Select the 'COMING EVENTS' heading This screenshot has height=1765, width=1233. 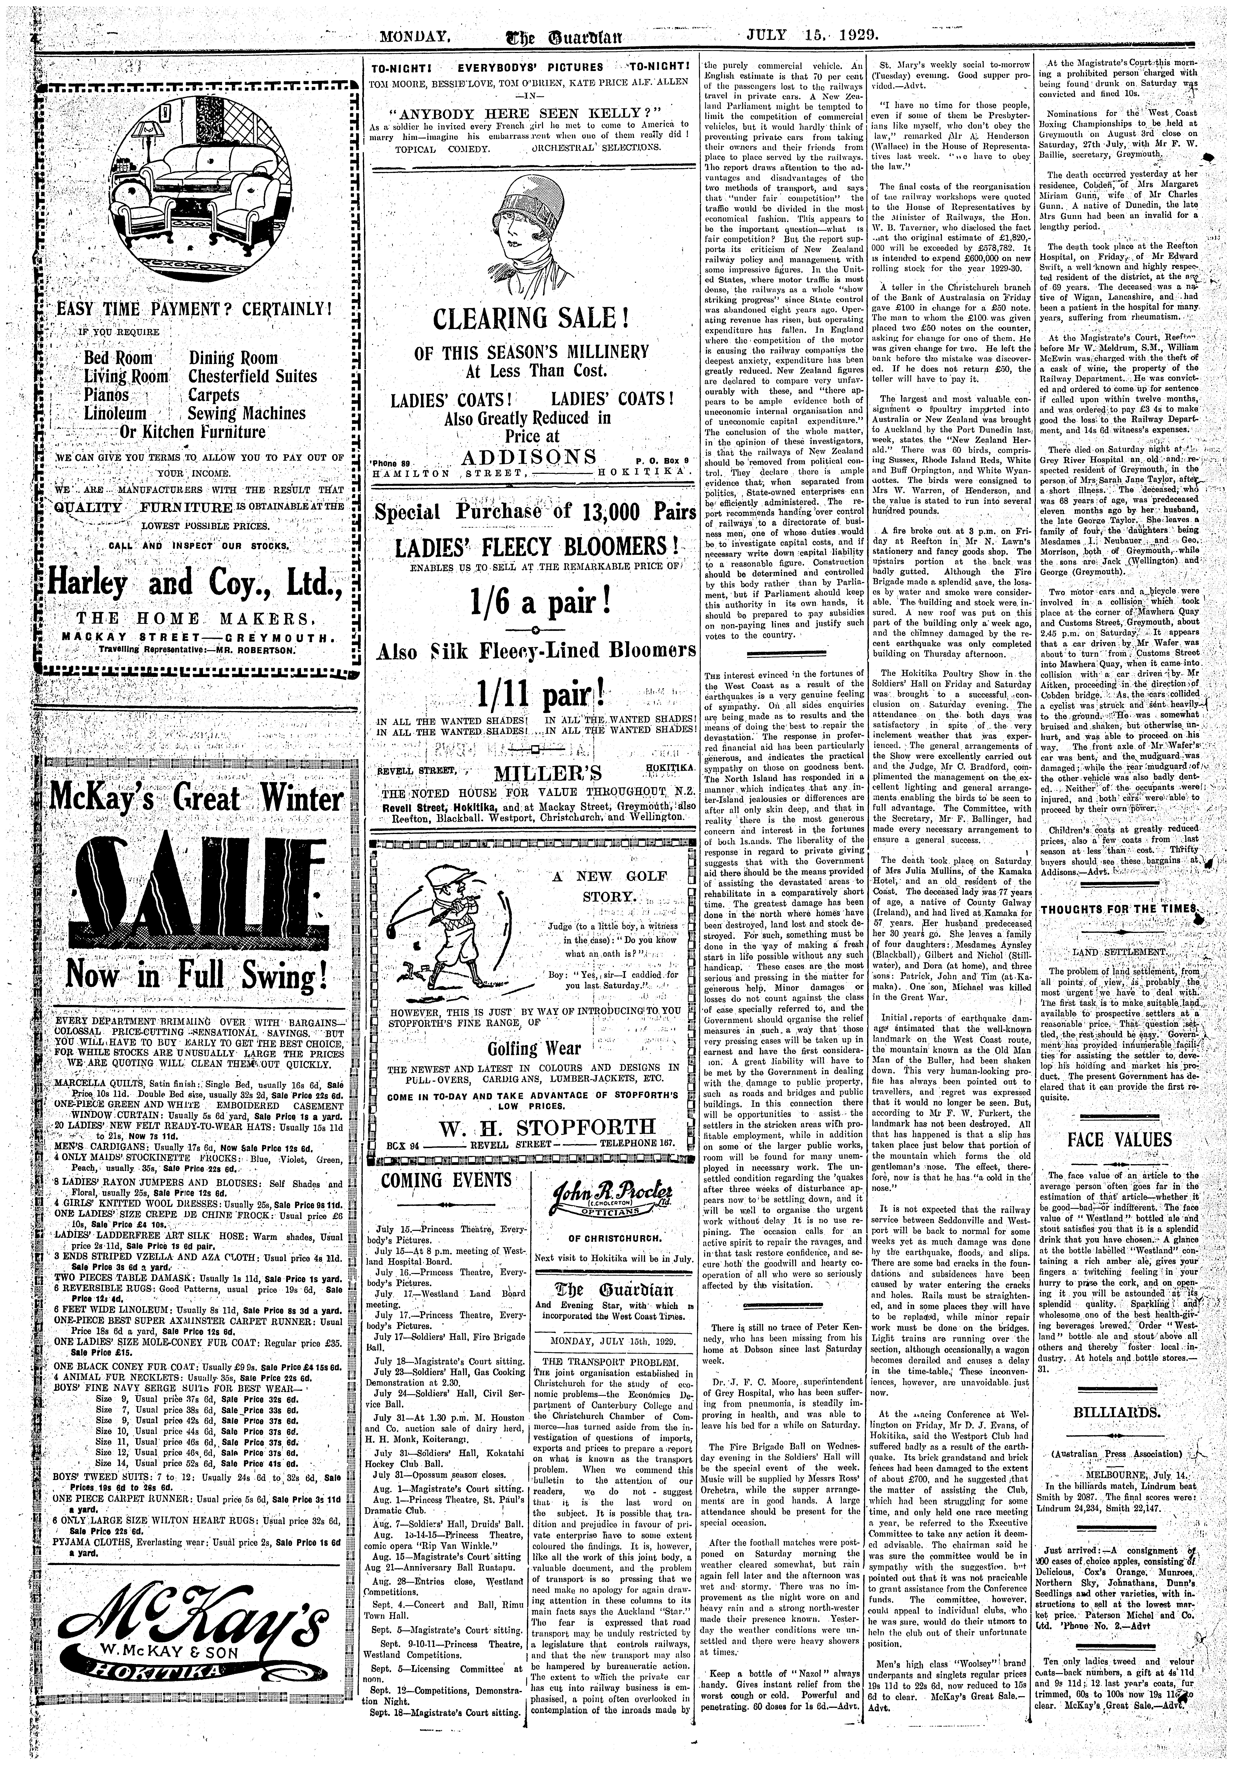coord(446,1180)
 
